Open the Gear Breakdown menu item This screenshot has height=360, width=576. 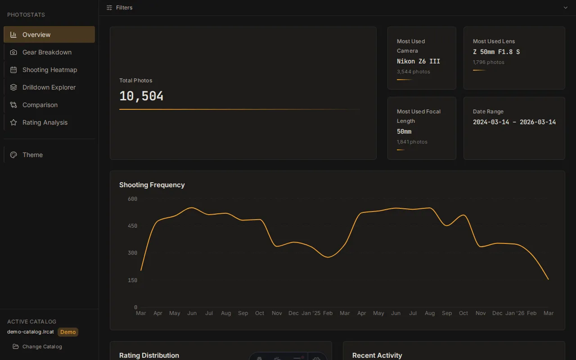(x=47, y=52)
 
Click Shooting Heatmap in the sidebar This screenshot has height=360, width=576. (x=49, y=70)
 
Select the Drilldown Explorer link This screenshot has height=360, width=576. (x=49, y=87)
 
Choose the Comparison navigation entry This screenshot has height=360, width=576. (x=40, y=105)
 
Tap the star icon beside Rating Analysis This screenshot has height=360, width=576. (x=13, y=122)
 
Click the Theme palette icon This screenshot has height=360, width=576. (x=13, y=155)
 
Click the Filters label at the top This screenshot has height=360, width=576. (x=124, y=8)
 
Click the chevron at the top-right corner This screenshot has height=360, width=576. (x=566, y=8)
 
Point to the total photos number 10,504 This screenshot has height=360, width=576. (x=141, y=96)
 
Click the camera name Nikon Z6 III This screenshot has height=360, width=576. (x=418, y=61)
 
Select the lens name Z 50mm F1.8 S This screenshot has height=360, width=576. (x=496, y=52)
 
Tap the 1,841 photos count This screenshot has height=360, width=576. (x=412, y=142)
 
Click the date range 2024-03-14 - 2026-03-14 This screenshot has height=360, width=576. (x=514, y=122)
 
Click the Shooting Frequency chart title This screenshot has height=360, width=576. (x=152, y=185)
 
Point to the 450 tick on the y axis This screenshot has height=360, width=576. (x=132, y=226)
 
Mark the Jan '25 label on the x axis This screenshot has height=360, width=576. (x=310, y=313)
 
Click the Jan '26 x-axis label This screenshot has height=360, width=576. (x=514, y=313)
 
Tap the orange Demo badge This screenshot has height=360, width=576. (x=68, y=332)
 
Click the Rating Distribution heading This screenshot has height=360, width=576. (x=149, y=355)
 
